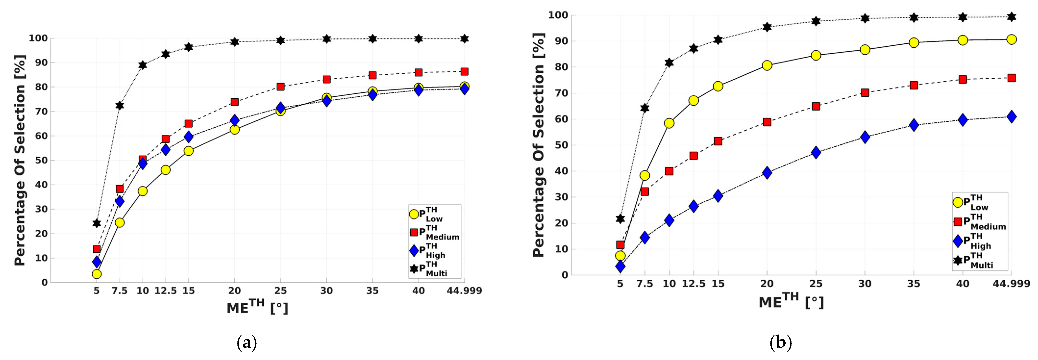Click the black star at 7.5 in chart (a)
[120, 106]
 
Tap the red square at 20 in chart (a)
[235, 102]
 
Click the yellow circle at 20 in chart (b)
[767, 65]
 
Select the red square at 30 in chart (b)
[865, 93]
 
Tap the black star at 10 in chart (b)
[669, 62]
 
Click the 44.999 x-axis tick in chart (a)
[464, 291]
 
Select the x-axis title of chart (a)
[257, 308]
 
